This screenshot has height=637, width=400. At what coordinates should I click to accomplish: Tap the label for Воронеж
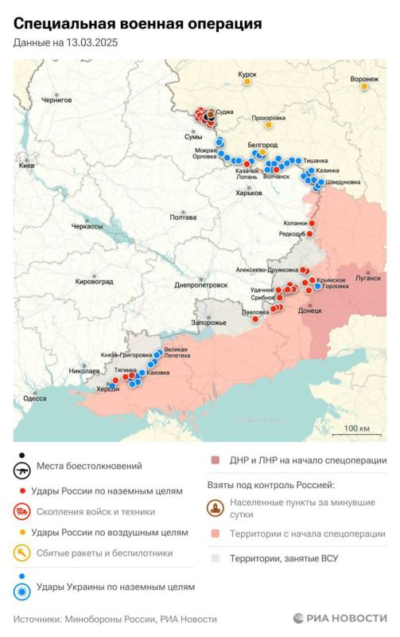pyautogui.click(x=363, y=80)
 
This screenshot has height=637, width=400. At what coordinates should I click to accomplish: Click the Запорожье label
pyautogui.click(x=209, y=322)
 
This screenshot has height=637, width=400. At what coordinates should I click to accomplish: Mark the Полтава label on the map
pyautogui.click(x=183, y=217)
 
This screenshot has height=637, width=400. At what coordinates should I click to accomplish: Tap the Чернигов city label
pyautogui.click(x=56, y=100)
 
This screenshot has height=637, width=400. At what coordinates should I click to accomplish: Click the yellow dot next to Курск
pyautogui.click(x=248, y=81)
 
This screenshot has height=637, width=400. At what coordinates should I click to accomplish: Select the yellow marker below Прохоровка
pyautogui.click(x=269, y=125)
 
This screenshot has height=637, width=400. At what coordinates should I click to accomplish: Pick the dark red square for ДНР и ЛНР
pyautogui.click(x=215, y=460)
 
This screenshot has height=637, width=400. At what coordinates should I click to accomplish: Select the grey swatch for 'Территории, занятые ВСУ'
pyautogui.click(x=215, y=558)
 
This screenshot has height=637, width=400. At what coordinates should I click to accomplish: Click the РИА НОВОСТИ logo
pyautogui.click(x=340, y=618)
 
